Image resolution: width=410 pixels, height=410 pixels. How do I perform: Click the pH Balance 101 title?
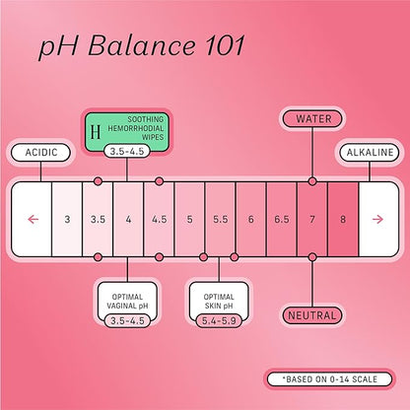(142, 46)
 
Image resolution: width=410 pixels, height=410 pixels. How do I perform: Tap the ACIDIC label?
(41, 153)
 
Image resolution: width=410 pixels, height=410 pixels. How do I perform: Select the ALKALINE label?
(370, 153)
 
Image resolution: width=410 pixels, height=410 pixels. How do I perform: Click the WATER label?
(312, 119)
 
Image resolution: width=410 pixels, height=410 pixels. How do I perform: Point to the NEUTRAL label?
(312, 315)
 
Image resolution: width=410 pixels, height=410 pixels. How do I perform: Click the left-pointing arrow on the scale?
(34, 219)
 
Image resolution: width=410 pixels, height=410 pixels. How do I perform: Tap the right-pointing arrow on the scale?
(377, 219)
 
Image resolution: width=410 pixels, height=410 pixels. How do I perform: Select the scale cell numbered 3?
(67, 219)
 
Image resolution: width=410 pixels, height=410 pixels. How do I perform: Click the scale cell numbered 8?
(343, 219)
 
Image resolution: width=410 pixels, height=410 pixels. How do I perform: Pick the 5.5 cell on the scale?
(220, 219)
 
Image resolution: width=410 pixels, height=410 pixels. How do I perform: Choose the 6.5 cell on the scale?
(282, 219)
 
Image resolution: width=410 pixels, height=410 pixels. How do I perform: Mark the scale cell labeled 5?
(189, 219)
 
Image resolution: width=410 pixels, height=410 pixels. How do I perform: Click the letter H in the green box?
(96, 132)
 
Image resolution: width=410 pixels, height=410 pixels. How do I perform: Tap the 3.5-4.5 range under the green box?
(127, 152)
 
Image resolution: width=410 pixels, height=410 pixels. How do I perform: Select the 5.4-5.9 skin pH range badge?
(219, 320)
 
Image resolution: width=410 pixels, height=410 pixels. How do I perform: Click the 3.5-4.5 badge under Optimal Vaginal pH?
(127, 320)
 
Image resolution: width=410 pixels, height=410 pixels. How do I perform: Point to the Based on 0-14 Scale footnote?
(330, 379)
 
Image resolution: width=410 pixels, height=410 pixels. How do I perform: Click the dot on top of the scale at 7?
(312, 181)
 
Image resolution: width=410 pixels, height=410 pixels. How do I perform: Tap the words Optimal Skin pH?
(219, 302)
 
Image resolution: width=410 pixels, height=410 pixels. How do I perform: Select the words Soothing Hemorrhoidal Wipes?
(136, 128)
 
